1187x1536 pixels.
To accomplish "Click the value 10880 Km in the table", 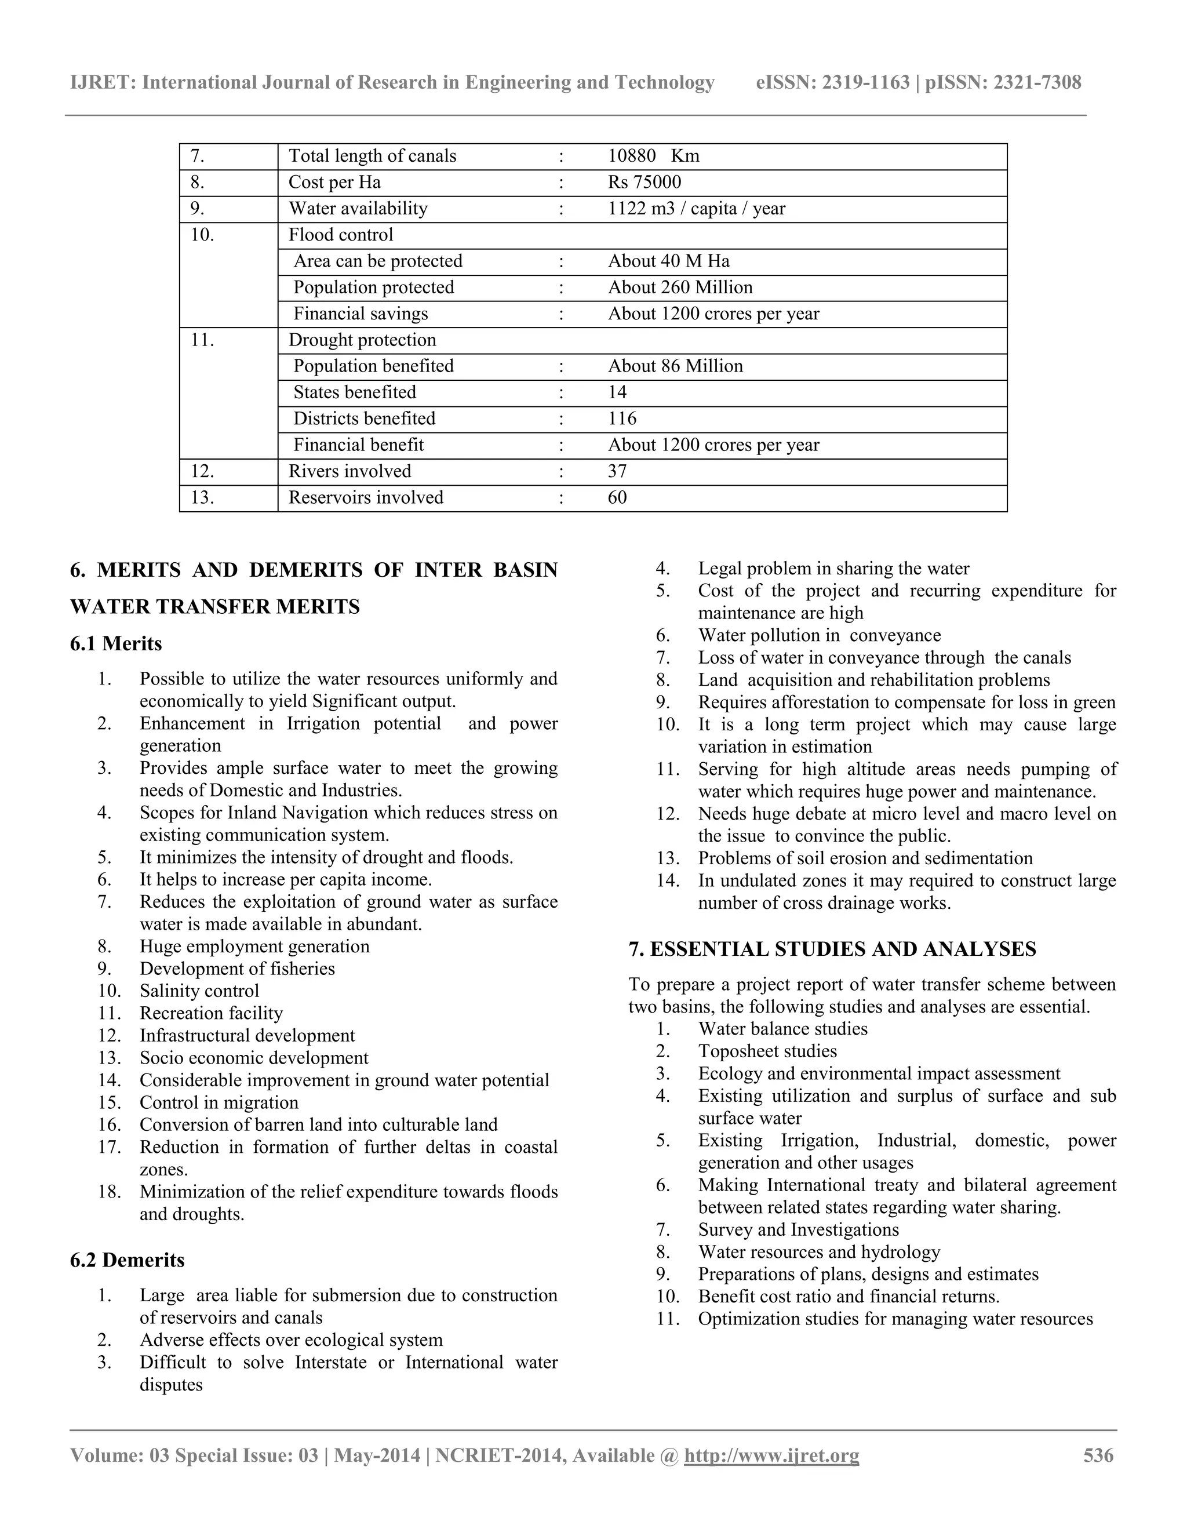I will [x=653, y=156].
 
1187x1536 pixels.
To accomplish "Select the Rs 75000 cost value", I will [x=644, y=182].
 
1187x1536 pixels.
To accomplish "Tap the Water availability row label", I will [x=358, y=209].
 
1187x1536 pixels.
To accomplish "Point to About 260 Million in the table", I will [x=680, y=287].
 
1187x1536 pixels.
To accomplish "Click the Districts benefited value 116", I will [x=622, y=419].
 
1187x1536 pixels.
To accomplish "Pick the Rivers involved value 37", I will [x=617, y=471].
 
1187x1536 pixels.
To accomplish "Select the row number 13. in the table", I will [x=202, y=498].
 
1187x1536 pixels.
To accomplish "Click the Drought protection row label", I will [x=362, y=340].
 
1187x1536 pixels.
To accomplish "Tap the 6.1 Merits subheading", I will [x=116, y=643].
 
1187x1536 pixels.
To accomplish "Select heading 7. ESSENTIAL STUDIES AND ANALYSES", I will [x=832, y=949].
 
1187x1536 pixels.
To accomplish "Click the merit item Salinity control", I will [x=199, y=991].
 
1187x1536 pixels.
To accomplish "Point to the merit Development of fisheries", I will [x=237, y=969].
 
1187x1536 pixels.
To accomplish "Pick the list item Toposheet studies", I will [x=767, y=1051].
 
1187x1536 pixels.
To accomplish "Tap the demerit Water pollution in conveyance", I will [x=819, y=635].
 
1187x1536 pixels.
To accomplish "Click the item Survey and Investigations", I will [x=798, y=1229].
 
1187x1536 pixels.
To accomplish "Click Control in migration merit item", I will [x=219, y=1103].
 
